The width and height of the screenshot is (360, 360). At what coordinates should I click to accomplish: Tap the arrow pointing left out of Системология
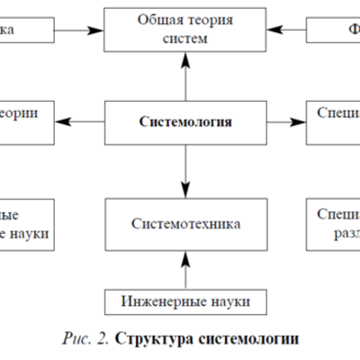(x=86, y=119)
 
